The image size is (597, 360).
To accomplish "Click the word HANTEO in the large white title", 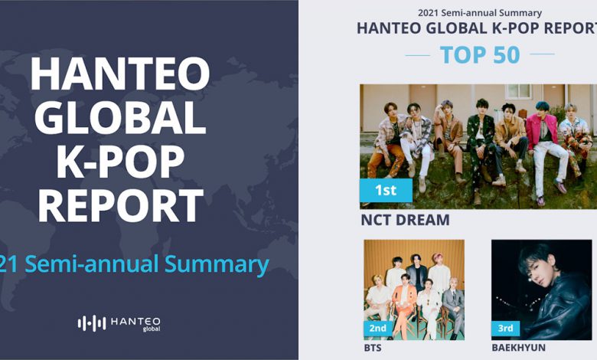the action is point(120,73).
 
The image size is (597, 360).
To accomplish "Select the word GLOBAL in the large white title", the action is point(120,117).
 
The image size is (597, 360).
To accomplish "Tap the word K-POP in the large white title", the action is point(120,162).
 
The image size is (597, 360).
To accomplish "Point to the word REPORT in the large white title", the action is point(120,206).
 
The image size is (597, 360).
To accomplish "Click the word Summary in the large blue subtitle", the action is point(217,265).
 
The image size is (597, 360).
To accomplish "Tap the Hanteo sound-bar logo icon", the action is point(92,323).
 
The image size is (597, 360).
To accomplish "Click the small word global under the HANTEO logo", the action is point(151,329).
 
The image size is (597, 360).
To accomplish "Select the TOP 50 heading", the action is point(480,54).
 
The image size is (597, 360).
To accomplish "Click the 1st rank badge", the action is point(386,190).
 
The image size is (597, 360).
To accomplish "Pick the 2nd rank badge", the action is point(377,328).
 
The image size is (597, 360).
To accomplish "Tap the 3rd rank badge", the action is point(505,328).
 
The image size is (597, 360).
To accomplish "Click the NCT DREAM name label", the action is point(405,220).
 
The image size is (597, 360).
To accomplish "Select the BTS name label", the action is point(373,348).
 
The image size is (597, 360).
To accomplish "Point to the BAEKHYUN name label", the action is point(519,348).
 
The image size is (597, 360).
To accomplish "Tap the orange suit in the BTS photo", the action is point(404,300).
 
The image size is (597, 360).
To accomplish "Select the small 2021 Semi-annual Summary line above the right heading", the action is point(480,13).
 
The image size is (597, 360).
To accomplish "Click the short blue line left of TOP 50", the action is point(418,55).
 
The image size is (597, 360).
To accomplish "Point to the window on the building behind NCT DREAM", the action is point(518,91).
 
